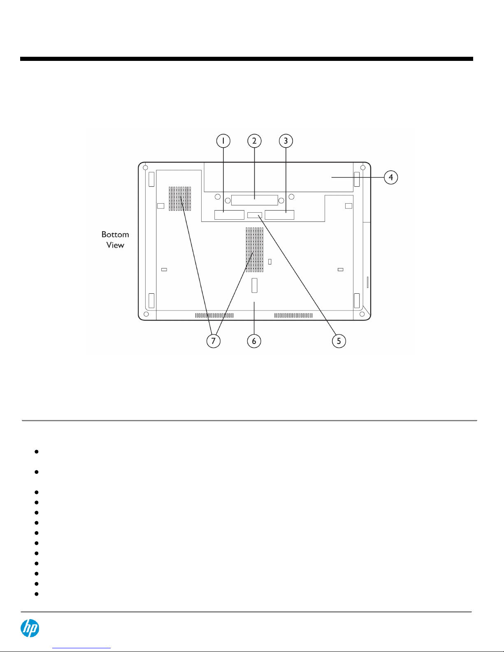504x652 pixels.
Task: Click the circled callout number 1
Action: [x=223, y=141]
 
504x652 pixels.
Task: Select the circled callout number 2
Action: [x=254, y=141]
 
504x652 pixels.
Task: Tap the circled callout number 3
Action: [x=286, y=141]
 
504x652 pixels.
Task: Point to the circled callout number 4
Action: [x=391, y=177]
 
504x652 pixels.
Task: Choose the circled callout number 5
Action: [x=339, y=341]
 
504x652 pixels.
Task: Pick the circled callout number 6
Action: [x=254, y=341]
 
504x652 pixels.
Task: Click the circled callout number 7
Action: [x=213, y=341]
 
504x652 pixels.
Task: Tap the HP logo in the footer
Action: [x=30, y=628]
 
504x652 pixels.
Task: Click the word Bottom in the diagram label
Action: [x=115, y=234]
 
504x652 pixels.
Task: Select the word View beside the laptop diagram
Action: [x=115, y=245]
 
